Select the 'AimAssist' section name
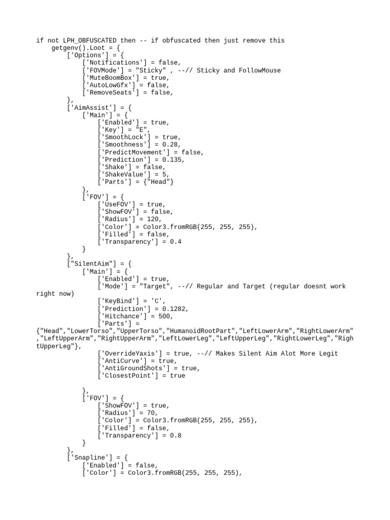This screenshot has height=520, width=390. coord(88,108)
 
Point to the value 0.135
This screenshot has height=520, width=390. coord(172,159)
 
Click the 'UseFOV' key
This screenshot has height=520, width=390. coord(118,204)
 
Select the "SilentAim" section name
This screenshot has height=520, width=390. coord(88,264)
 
